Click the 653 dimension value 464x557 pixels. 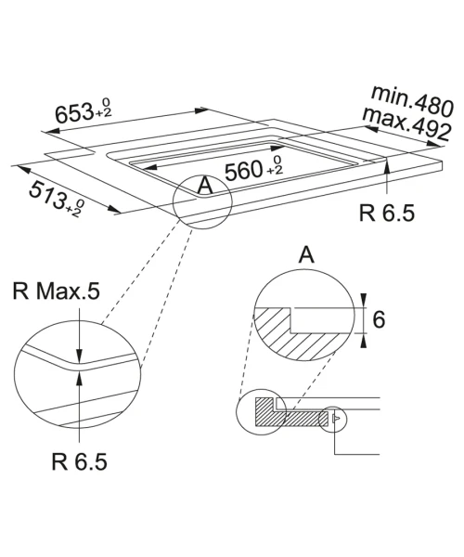click(74, 113)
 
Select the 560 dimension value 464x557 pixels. click(243, 171)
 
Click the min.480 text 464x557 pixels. click(412, 101)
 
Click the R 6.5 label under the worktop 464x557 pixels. click(387, 214)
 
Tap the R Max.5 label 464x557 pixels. click(56, 291)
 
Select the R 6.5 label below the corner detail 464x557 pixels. click(79, 461)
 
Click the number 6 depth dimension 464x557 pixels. click(379, 319)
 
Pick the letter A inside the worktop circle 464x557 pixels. click(205, 186)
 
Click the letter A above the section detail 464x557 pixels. click(306, 254)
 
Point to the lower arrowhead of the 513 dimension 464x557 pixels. click(115, 209)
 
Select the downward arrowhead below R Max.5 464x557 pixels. click(80, 356)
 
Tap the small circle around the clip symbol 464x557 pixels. click(332, 420)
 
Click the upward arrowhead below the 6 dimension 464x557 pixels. click(363, 342)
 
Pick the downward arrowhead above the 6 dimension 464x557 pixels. click(363, 299)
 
